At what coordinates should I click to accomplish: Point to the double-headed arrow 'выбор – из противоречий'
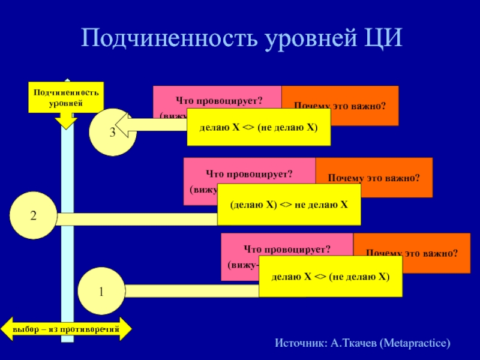pos(66,329)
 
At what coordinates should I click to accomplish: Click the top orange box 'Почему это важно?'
pos(340,106)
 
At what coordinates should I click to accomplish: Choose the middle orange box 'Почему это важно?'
pos(374,178)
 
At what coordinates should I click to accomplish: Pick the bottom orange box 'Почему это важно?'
pos(412,254)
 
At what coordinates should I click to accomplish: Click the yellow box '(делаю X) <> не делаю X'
pos(289,204)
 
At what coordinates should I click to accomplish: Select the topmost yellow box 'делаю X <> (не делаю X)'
pos(259,127)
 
